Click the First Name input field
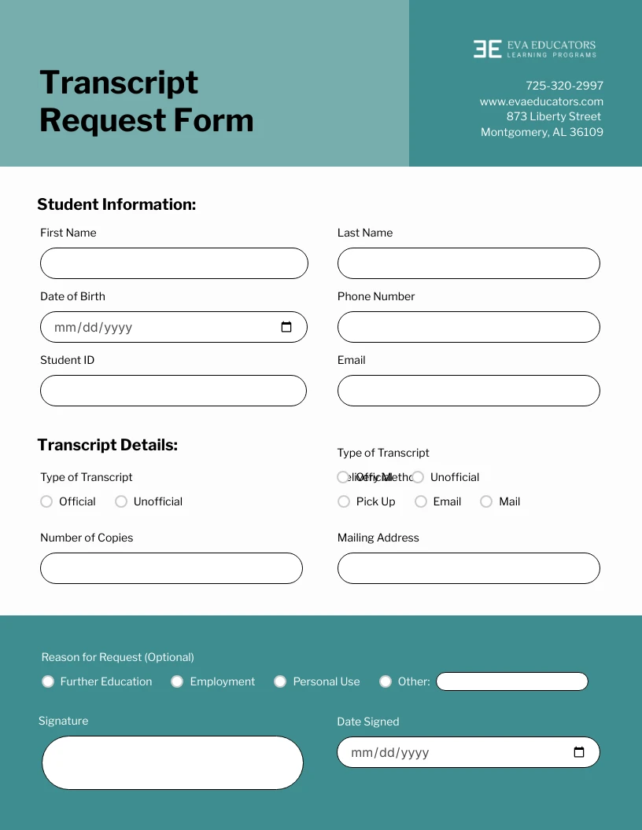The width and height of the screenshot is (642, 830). (174, 263)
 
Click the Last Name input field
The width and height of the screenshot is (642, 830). (468, 263)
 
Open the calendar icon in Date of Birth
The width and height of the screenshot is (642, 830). (286, 327)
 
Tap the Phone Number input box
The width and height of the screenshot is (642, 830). (468, 327)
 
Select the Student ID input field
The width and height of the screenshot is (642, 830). (173, 391)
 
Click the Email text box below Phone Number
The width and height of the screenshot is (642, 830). (468, 391)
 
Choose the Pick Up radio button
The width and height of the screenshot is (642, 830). (344, 501)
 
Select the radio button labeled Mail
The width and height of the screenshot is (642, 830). (486, 501)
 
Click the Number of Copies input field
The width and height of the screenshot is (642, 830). (172, 568)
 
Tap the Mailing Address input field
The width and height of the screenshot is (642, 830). (468, 568)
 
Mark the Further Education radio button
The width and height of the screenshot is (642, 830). (48, 681)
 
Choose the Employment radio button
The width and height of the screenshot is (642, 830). (177, 681)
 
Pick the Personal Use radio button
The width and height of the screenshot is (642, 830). (280, 681)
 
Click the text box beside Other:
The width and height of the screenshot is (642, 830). (511, 681)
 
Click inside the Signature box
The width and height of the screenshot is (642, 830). (172, 762)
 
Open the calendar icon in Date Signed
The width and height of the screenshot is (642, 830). (579, 752)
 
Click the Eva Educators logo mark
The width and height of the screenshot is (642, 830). (487, 49)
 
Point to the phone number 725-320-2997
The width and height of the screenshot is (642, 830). (564, 86)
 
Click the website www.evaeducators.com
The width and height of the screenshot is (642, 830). (541, 101)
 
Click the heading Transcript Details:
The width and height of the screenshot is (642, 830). (108, 445)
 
